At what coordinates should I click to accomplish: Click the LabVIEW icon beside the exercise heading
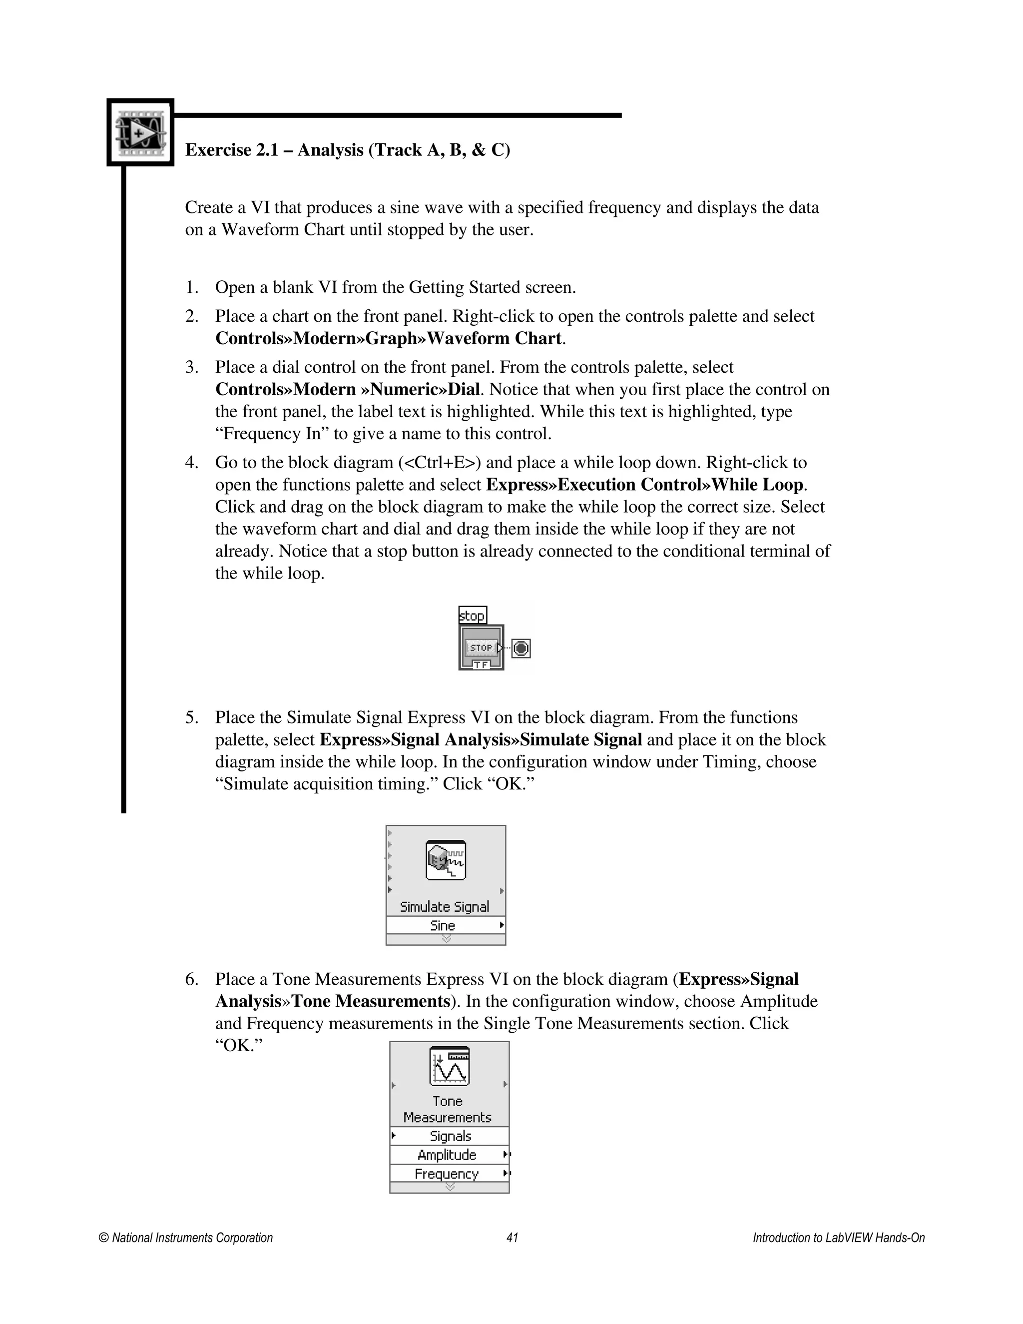(x=140, y=132)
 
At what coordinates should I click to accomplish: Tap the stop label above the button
(x=472, y=616)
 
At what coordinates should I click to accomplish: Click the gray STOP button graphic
(x=481, y=648)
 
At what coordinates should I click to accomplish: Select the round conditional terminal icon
(x=521, y=649)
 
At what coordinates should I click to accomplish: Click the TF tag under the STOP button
(x=481, y=664)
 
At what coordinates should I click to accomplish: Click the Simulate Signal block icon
(x=446, y=860)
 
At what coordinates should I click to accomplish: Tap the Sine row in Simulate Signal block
(x=444, y=925)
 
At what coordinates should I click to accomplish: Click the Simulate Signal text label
(x=444, y=906)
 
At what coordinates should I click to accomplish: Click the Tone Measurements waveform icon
(x=449, y=1066)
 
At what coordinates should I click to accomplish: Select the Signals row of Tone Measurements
(x=450, y=1136)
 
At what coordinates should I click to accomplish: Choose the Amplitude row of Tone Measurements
(x=447, y=1155)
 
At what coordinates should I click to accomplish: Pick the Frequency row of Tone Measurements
(x=447, y=1174)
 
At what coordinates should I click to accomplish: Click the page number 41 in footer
(x=512, y=1237)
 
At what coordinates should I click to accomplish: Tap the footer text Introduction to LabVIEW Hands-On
(x=838, y=1237)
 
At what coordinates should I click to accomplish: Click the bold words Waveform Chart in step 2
(x=495, y=338)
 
